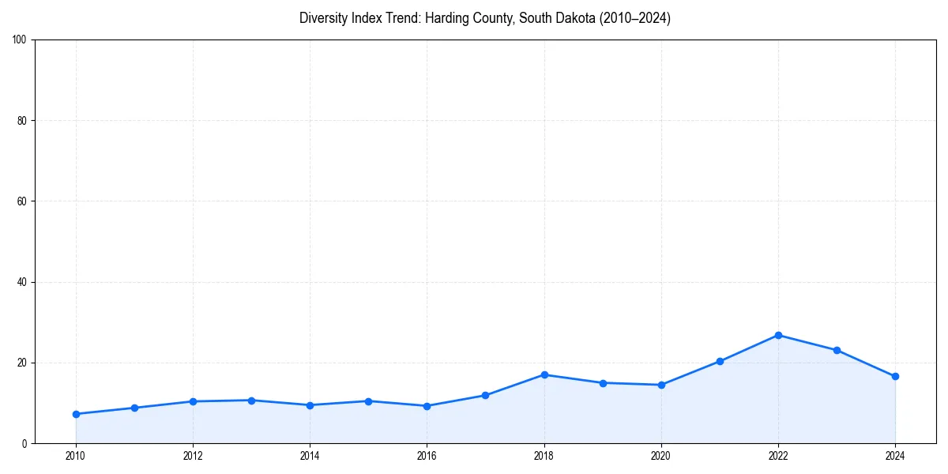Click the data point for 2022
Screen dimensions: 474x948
coord(778,335)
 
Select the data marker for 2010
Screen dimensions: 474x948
coord(76,414)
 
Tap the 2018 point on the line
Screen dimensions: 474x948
coord(544,374)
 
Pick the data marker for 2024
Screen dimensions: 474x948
coord(895,376)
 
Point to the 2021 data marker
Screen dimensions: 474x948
coord(720,361)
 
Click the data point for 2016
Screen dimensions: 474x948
coord(427,406)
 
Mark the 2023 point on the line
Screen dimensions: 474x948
coord(837,350)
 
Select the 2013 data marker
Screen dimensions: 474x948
coord(251,401)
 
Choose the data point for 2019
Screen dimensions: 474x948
coord(603,383)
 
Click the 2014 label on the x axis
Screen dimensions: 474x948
coord(310,456)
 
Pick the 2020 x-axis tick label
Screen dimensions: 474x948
coord(661,456)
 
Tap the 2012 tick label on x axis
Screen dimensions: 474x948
coord(193,456)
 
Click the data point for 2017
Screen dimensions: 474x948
coord(485,395)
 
